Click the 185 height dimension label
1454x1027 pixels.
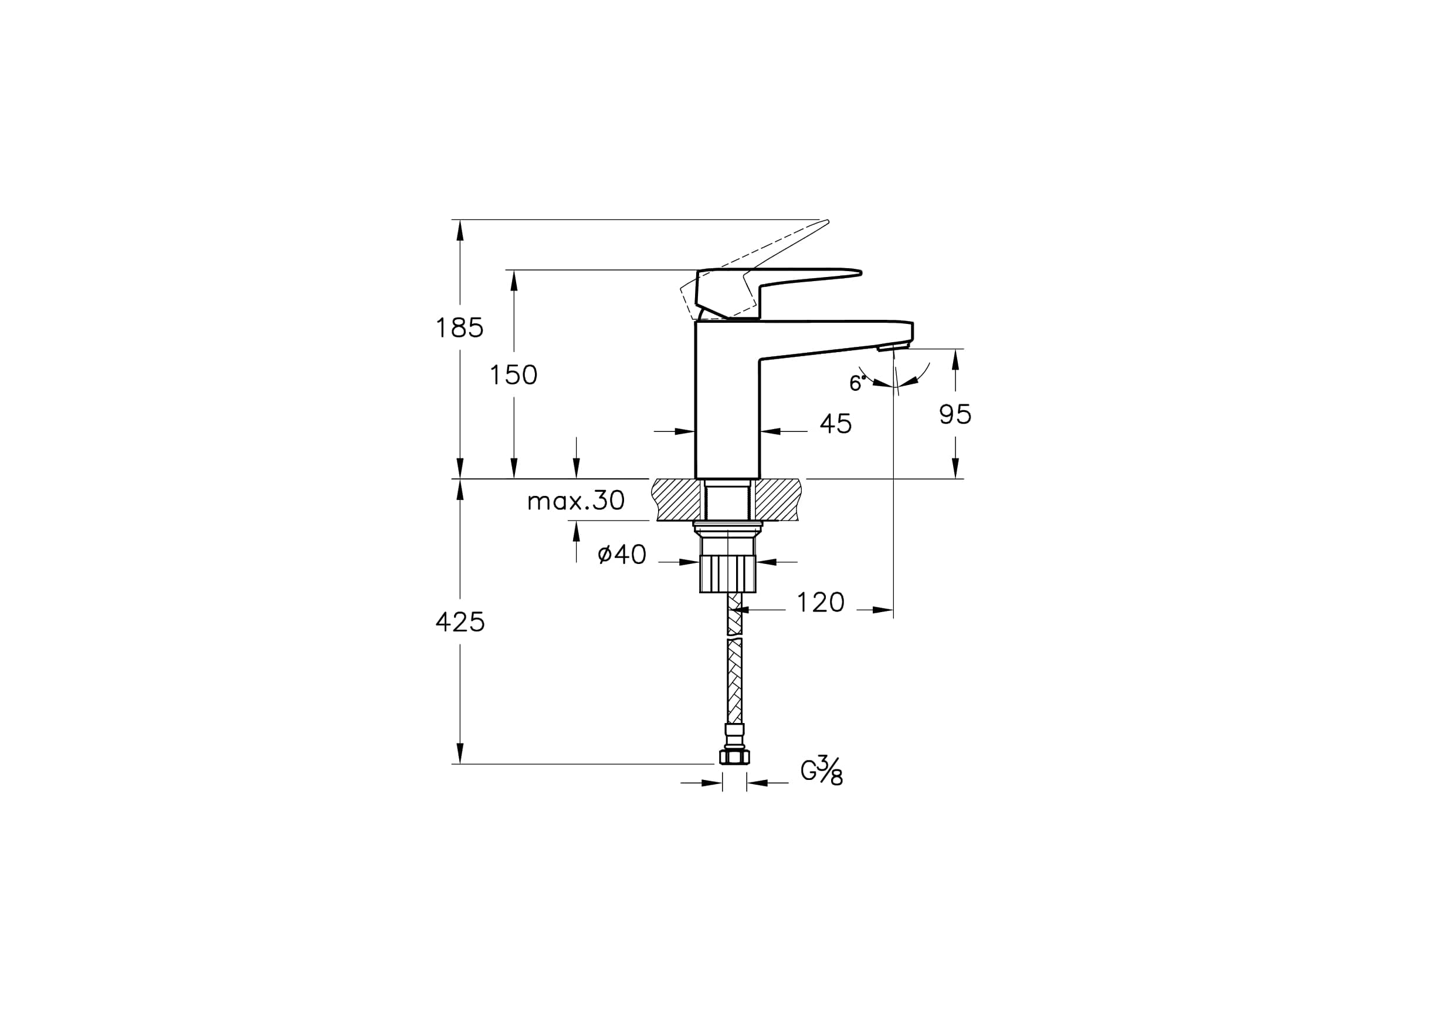pyautogui.click(x=460, y=328)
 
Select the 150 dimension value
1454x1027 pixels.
pyautogui.click(x=514, y=375)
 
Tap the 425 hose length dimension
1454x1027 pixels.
pyautogui.click(x=460, y=622)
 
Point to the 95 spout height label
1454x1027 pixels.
pyautogui.click(x=955, y=414)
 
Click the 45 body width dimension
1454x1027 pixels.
pyautogui.click(x=836, y=424)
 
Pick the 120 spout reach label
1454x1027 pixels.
pyautogui.click(x=821, y=603)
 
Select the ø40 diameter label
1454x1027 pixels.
pyautogui.click(x=622, y=555)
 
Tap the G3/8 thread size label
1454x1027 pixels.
pyautogui.click(x=822, y=771)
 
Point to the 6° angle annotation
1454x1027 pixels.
pyautogui.click(x=858, y=383)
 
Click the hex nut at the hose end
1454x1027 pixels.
pyautogui.click(x=734, y=756)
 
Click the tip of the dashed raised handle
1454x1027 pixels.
pyautogui.click(x=827, y=221)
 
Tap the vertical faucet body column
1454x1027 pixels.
pyautogui.click(x=727, y=400)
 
